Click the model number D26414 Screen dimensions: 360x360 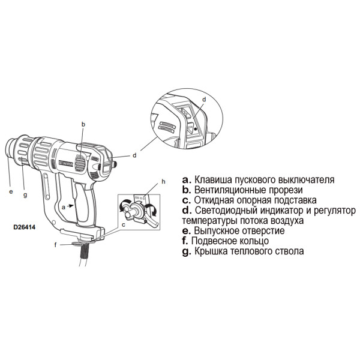coord(25,227)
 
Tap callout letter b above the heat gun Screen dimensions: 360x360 coord(83,124)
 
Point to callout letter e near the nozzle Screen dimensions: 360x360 coord(11,191)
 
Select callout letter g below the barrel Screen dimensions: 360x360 coord(25,195)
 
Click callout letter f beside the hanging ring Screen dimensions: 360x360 coord(55,245)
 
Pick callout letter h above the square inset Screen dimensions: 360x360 coord(163,182)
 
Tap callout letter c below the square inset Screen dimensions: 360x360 coord(124,225)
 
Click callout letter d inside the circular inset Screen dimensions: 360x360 coord(204,100)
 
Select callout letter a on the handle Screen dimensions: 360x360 coord(64,207)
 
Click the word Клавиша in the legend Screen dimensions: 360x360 coord(213,180)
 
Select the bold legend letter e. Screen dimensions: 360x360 coord(187,231)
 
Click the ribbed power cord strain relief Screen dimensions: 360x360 coord(84,251)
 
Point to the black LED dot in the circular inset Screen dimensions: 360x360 coord(196,129)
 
